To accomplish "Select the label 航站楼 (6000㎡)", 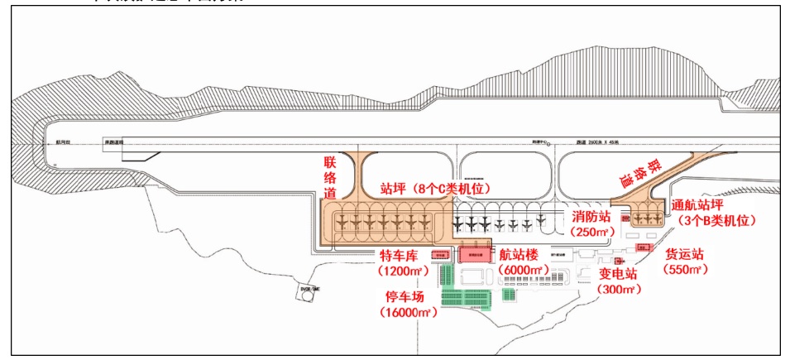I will [x=523, y=262].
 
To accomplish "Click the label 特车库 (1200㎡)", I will [x=402, y=262].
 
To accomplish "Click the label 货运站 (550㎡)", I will [x=686, y=262].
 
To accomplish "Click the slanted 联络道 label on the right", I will [x=639, y=173].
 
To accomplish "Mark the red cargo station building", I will [x=641, y=247].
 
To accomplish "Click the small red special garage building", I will [x=438, y=255].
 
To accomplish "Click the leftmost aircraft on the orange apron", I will [x=342, y=223].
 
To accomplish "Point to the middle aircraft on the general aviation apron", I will [x=647, y=218].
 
